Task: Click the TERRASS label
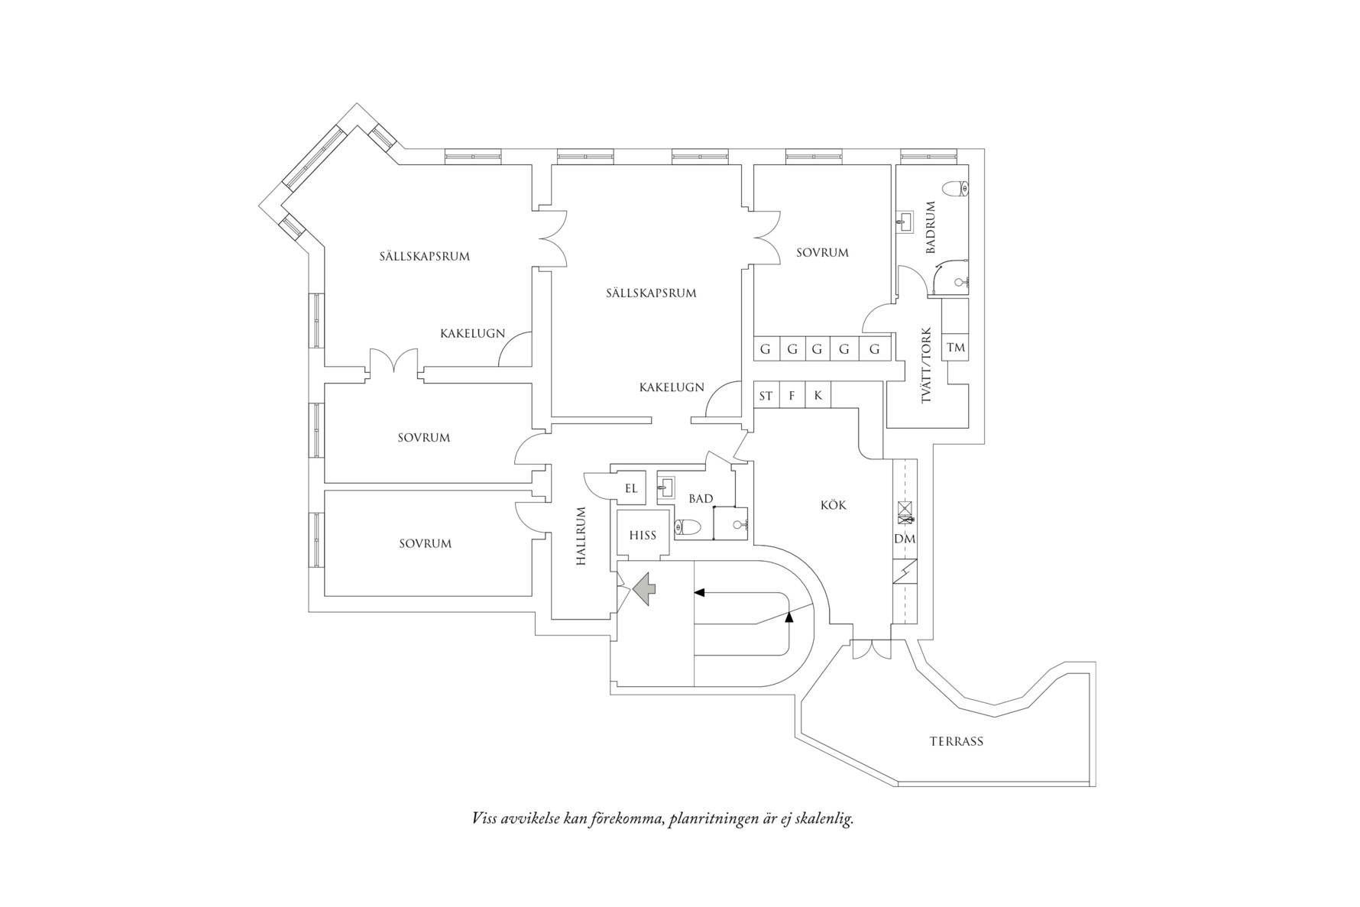coord(956,741)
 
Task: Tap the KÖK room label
coord(833,505)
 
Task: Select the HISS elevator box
coord(643,535)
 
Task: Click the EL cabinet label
coord(631,488)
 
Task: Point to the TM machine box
coord(955,348)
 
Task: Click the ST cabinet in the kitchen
coord(766,396)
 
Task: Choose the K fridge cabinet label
coord(818,395)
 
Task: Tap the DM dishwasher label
coord(905,539)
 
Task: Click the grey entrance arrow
coord(644,588)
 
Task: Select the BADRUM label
coord(930,228)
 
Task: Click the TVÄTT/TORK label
coord(926,366)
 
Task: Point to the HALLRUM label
coord(581,536)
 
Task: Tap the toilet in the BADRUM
coord(956,188)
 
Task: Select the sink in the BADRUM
coord(905,222)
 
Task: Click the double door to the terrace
coord(871,649)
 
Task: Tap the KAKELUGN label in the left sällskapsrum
coord(472,333)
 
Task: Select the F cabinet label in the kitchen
coord(792,396)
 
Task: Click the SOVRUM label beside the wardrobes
coord(822,252)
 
